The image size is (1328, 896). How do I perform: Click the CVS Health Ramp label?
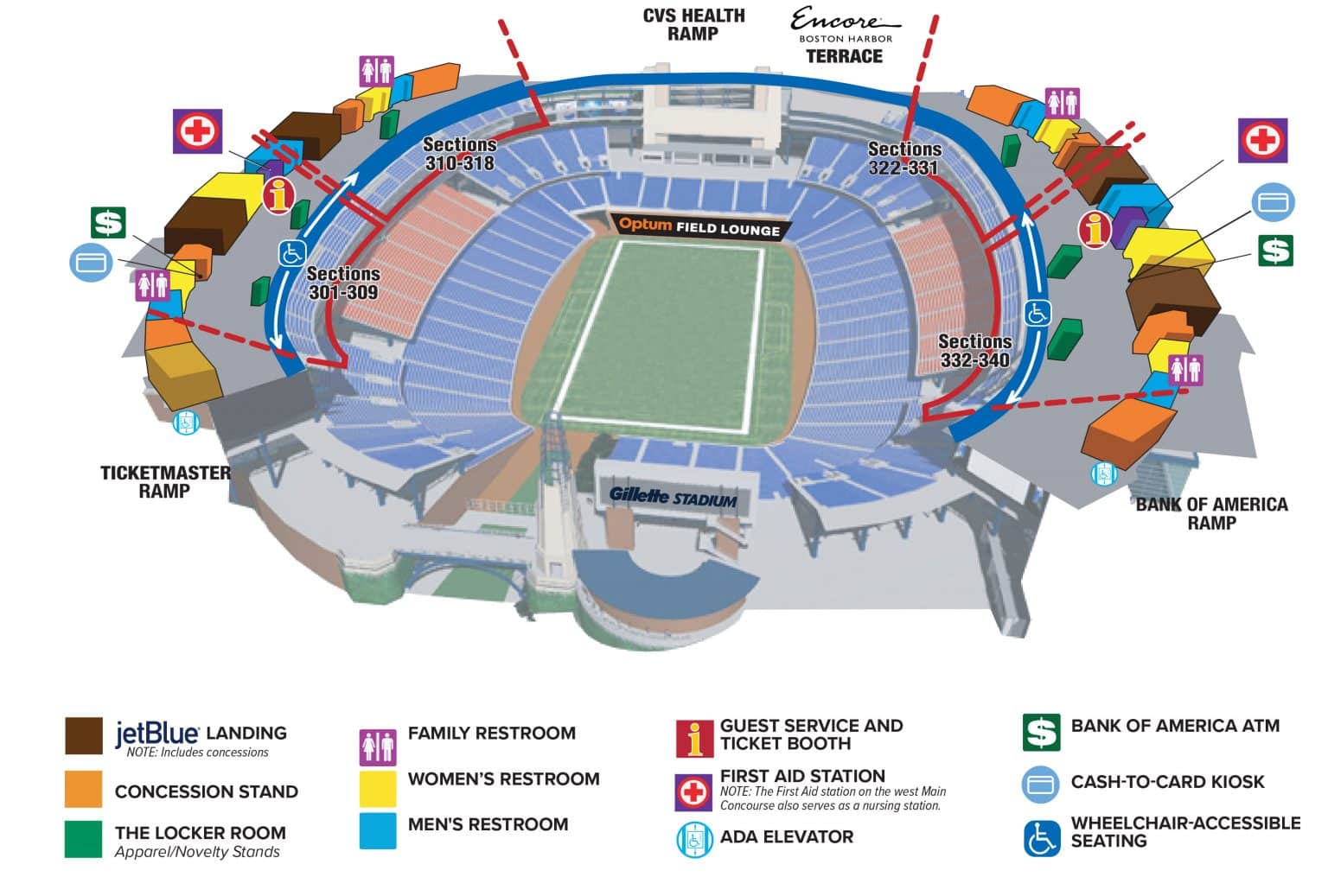tap(693, 25)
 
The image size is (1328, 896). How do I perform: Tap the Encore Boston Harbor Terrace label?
tap(844, 37)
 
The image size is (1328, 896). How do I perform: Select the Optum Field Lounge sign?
tap(699, 227)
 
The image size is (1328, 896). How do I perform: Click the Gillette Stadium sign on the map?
tap(673, 497)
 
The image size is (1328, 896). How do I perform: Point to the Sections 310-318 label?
tap(459, 155)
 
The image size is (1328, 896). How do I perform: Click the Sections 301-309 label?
tap(343, 283)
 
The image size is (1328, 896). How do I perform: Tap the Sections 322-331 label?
tap(903, 159)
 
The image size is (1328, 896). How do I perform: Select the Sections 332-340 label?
tap(974, 351)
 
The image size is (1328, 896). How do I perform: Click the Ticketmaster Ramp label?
tap(164, 482)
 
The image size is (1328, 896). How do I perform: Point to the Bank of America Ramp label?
tap(1211, 513)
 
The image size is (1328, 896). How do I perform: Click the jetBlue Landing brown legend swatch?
tap(84, 735)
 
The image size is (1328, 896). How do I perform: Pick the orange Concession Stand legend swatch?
tap(83, 789)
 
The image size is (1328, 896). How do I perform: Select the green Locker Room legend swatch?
tap(83, 839)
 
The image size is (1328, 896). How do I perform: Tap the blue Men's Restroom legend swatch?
tap(378, 829)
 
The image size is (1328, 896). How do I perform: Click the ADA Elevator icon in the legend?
tap(693, 839)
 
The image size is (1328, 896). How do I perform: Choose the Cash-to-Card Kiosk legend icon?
tap(1041, 784)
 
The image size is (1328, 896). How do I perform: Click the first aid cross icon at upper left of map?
tap(198, 131)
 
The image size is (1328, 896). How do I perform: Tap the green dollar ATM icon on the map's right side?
tap(1274, 251)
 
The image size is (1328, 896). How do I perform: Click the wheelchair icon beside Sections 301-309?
tap(291, 253)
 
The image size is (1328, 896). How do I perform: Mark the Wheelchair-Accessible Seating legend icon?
tap(1041, 837)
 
